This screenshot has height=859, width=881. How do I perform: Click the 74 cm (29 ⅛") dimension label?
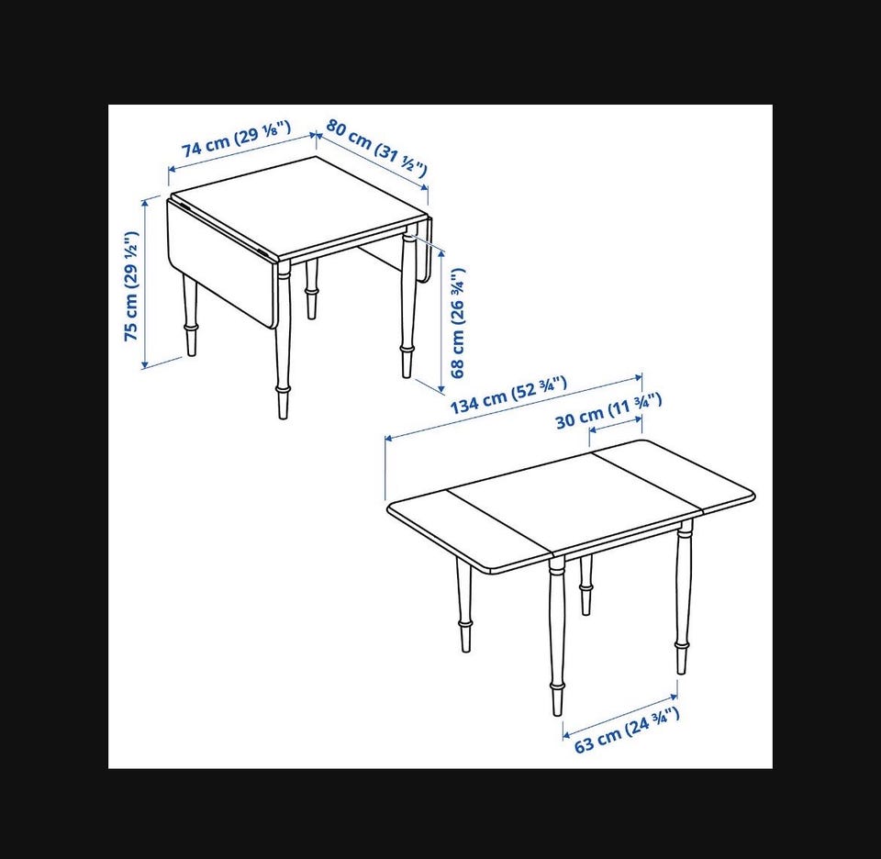click(x=236, y=139)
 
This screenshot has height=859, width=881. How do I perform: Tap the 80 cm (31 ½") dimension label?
click(x=376, y=147)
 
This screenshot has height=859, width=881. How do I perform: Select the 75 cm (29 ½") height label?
click(x=131, y=285)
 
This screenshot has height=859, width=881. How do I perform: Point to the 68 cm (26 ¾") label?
click(x=458, y=322)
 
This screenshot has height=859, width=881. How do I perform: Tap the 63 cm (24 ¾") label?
click(x=627, y=730)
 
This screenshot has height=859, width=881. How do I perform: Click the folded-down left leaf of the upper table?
click(x=222, y=262)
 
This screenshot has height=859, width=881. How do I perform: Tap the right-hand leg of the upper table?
click(x=407, y=305)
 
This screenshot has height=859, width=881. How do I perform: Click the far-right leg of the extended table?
click(x=683, y=597)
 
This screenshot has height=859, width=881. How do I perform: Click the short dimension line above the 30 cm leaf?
click(x=615, y=424)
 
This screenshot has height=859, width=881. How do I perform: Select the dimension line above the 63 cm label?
click(x=620, y=716)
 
